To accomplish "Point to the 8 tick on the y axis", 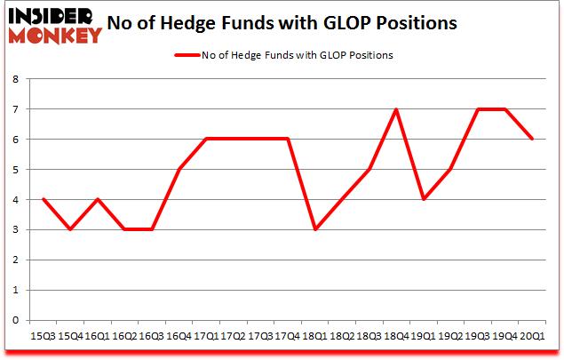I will pos(16,79).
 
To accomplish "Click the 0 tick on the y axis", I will pos(16,320).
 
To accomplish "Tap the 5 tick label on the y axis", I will pos(16,170).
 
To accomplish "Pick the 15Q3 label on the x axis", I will pos(43,337).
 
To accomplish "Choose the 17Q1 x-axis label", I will pos(207,337).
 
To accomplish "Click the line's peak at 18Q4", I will pos(396,109).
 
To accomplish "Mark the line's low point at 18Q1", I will pos(314,229).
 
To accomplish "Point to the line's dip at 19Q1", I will pos(424,199).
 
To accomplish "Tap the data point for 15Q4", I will pos(69,229).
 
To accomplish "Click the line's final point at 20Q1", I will pos(533,139).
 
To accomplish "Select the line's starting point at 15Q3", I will pos(42,199).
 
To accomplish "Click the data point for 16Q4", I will pos(179,169).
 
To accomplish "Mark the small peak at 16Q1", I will pos(96,199).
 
